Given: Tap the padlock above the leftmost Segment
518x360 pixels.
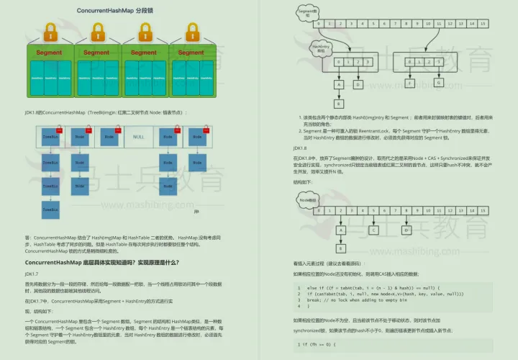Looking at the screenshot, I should click(50, 32).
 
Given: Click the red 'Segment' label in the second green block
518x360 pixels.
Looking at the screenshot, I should click(97, 53).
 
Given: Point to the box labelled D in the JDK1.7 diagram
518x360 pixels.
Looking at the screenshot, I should click(357, 84).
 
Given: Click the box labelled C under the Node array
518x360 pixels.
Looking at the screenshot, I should click(373, 230).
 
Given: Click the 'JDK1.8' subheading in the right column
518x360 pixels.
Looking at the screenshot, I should click(301, 147).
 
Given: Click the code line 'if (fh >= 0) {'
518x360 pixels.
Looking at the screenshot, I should click(317, 344).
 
